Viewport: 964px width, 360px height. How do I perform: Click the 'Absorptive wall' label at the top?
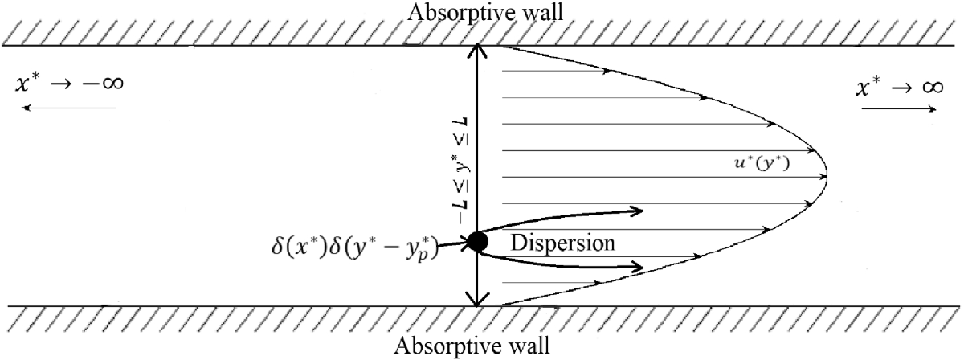pyautogui.click(x=479, y=12)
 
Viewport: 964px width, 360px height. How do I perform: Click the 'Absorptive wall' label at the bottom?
pyautogui.click(x=479, y=347)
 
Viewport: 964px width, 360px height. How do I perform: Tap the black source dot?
pyautogui.click(x=478, y=240)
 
